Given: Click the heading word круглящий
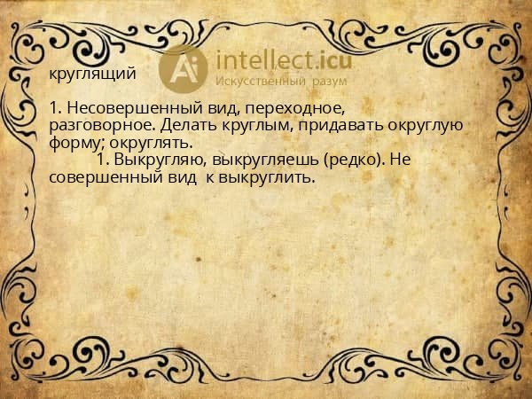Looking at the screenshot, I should pos(93,74).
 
